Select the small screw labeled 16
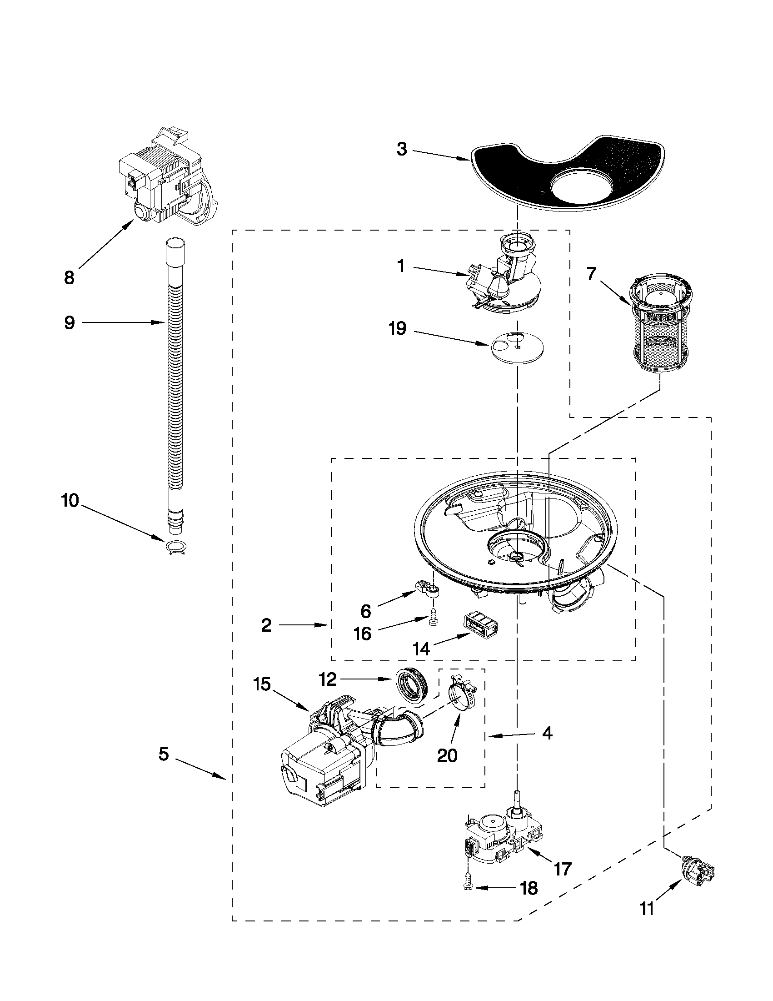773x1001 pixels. click(x=431, y=619)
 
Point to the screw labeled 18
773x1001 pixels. click(x=469, y=886)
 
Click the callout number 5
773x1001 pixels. click(x=164, y=754)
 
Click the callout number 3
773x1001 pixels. click(x=402, y=150)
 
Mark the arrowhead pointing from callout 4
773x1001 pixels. click(x=490, y=737)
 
